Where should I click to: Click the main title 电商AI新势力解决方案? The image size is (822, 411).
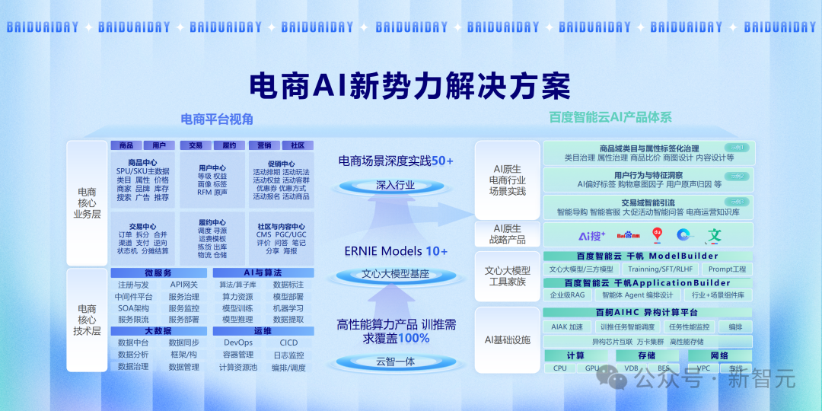coord(410,84)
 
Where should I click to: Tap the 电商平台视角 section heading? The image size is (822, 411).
coord(213,119)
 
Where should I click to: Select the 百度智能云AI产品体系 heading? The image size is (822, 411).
coord(610,118)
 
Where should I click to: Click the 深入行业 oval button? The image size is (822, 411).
coord(396,185)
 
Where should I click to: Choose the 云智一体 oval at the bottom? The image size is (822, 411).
coord(396,362)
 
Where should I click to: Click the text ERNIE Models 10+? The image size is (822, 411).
coord(396,251)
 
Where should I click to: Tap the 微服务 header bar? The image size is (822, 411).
coord(158,273)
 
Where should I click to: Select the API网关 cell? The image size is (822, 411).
coord(183,285)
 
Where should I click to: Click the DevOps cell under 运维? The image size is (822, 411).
coord(238,343)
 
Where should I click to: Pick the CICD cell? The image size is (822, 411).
coord(288,343)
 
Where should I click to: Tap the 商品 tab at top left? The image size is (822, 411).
coord(126,145)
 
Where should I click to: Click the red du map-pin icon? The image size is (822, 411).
coord(658,235)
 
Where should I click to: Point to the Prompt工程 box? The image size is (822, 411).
coord(727,269)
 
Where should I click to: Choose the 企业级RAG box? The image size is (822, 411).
coord(567,295)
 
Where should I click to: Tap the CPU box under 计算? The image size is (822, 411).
coord(559,368)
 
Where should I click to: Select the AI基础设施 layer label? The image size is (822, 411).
coord(508,339)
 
